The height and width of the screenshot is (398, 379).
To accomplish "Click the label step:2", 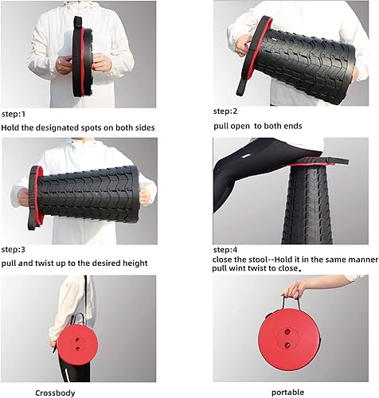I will pyautogui.click(x=226, y=112).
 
